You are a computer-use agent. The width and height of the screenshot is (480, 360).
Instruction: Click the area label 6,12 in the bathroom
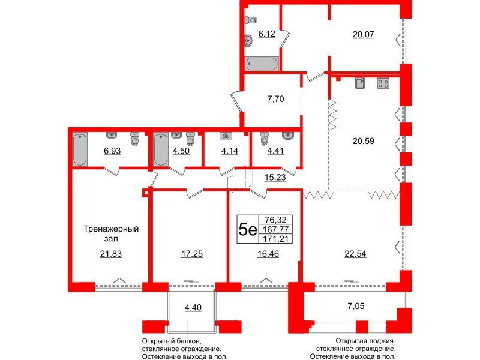point(266,34)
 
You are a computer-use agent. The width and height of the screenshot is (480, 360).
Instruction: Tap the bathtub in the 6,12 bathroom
point(262,64)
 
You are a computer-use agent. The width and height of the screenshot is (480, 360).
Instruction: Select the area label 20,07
point(364,34)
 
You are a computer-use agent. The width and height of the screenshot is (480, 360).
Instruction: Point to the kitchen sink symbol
point(360,83)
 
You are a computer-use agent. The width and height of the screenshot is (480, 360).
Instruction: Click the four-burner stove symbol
point(383,83)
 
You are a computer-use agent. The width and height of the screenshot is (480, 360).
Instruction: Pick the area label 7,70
point(275,99)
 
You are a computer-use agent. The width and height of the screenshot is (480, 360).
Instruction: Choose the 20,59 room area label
point(364,141)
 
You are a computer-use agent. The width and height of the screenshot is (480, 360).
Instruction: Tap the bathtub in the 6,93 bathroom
point(80,149)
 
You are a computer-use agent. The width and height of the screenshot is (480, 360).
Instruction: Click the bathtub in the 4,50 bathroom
point(160,149)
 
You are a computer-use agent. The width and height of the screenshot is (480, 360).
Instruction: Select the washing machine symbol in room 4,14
point(226,136)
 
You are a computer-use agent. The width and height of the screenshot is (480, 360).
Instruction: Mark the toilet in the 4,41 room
point(265,139)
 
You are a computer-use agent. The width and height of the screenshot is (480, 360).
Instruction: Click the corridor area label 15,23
point(275,177)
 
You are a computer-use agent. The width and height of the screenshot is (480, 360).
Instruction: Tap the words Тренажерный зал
point(111,233)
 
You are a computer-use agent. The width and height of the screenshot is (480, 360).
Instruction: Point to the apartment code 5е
point(248,229)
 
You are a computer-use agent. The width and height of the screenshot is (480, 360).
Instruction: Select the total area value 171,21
point(275,238)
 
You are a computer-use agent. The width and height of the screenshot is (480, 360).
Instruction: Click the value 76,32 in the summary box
point(275,220)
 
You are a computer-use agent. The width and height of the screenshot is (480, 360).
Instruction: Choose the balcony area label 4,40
point(193,307)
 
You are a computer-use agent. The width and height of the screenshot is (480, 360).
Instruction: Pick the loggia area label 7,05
point(356,306)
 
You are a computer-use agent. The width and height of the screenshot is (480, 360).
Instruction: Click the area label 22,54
point(355,254)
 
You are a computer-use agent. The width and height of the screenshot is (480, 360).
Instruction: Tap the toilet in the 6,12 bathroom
point(251,20)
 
